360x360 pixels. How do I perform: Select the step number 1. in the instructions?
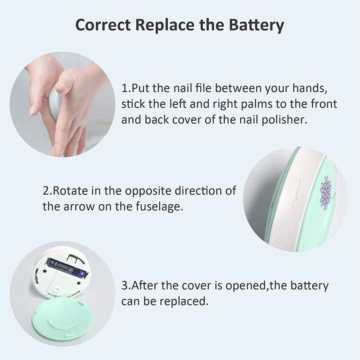[126, 87]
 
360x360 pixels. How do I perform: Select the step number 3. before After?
[126, 285]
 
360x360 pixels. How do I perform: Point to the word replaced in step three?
[184, 301]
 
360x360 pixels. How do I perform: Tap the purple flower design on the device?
[325, 192]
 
